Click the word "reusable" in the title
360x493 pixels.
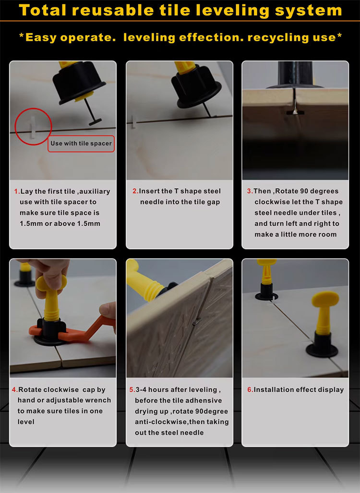tap(112, 10)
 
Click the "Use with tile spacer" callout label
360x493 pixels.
tap(81, 144)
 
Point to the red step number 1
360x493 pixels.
tap(17, 192)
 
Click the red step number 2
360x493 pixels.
tap(135, 191)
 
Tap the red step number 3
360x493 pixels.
tap(250, 191)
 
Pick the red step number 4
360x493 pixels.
tap(15, 390)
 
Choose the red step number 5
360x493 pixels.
tap(132, 390)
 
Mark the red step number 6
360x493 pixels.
tap(250, 390)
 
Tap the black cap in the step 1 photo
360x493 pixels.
tap(79, 82)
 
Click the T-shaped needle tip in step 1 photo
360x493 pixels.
tap(95, 121)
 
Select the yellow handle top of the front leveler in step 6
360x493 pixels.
tap(325, 299)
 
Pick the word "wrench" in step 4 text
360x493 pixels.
tap(98, 400)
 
